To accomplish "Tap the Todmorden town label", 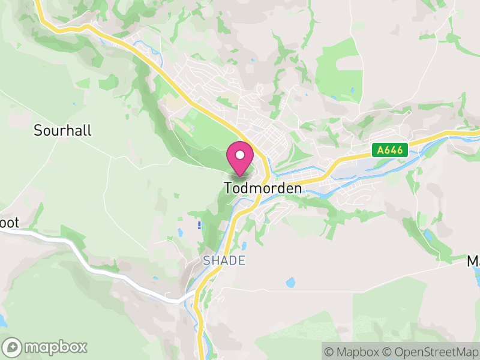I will tap(263, 188).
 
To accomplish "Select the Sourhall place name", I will tap(62, 130).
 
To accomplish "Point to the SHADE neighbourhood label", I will tap(224, 260).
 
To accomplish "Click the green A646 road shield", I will tap(389, 150).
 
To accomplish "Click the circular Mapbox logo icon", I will tap(12, 347).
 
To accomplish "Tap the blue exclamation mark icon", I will tap(199, 225).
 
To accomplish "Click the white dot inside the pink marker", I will tap(240, 155).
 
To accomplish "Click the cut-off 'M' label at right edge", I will tap(473, 262).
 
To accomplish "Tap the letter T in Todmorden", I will tap(229, 188).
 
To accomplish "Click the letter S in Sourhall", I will tap(38, 130).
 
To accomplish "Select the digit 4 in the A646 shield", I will tap(396, 150).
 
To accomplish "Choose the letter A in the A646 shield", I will tap(380, 150).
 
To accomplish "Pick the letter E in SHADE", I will tap(241, 260).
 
